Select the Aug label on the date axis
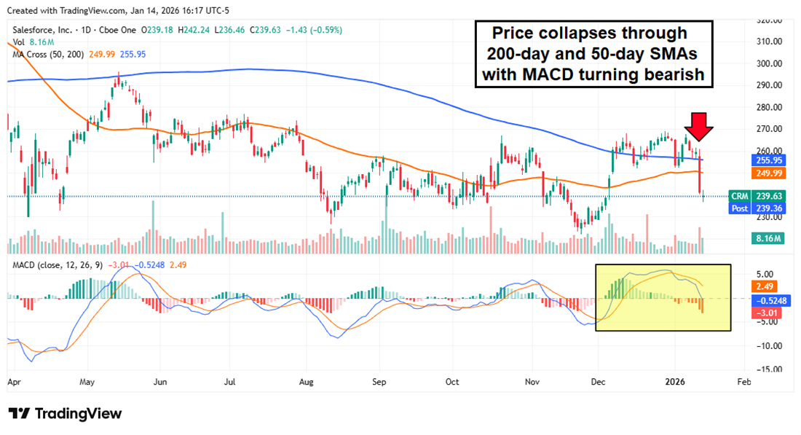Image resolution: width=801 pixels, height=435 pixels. coord(306,381)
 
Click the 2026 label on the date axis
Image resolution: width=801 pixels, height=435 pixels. coord(676,381)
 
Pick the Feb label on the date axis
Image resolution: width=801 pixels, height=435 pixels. coord(743,381)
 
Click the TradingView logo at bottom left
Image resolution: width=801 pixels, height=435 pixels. coord(66,414)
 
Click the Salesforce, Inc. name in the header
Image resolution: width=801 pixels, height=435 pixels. coord(43,30)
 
